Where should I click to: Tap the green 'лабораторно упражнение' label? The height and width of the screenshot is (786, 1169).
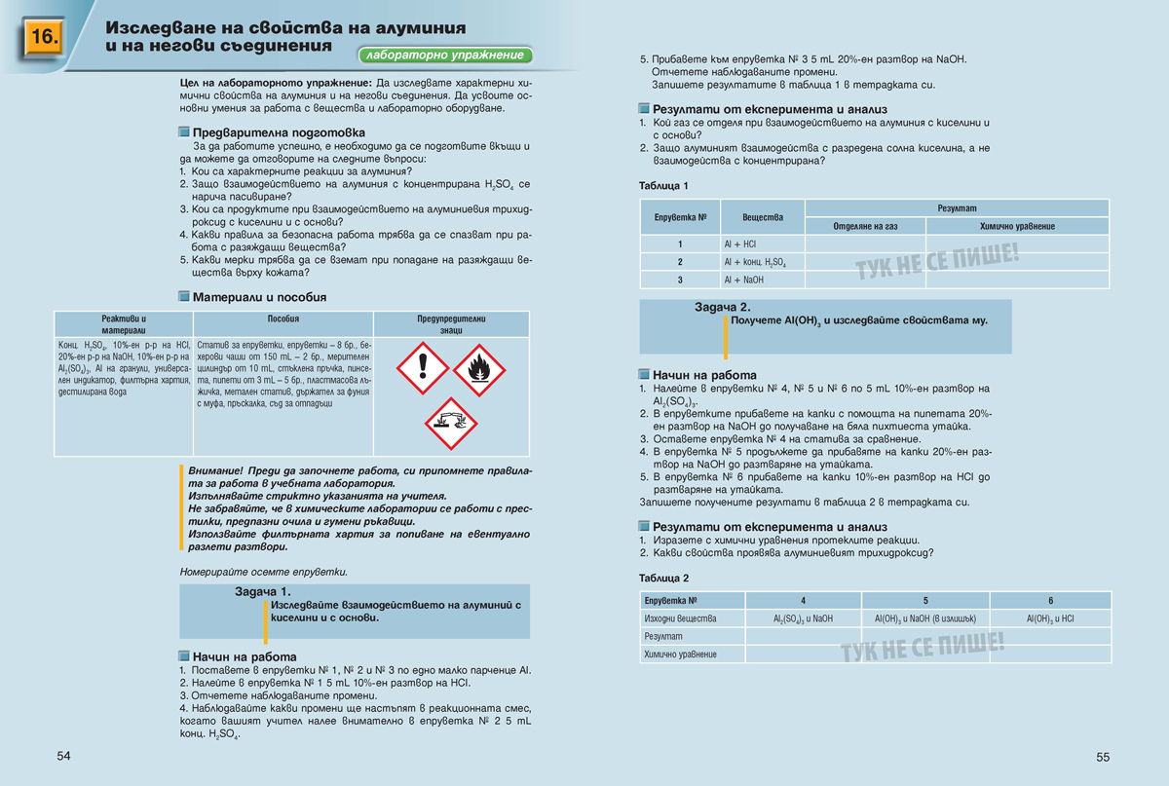445,56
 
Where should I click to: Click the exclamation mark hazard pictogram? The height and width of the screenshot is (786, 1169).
422,369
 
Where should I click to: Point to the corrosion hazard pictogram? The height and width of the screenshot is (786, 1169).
450,423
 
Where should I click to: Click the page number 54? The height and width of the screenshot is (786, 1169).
64,756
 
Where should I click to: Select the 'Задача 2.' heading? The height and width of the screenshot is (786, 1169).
722,307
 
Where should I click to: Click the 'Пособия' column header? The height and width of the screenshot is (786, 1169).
283,319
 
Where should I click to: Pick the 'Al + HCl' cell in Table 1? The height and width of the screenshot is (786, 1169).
739,244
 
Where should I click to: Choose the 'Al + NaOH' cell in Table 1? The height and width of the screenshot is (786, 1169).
743,280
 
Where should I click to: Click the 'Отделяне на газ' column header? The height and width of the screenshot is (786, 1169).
865,226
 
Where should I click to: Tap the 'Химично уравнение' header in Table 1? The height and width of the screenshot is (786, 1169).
1017,226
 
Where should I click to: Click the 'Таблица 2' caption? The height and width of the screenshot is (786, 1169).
664,578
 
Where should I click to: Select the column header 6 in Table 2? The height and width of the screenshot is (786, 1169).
1050,601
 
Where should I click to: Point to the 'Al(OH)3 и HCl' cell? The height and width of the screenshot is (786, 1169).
1050,618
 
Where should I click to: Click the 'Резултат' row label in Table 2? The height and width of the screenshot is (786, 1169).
662,636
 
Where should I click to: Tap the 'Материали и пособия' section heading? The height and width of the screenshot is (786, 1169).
258,297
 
